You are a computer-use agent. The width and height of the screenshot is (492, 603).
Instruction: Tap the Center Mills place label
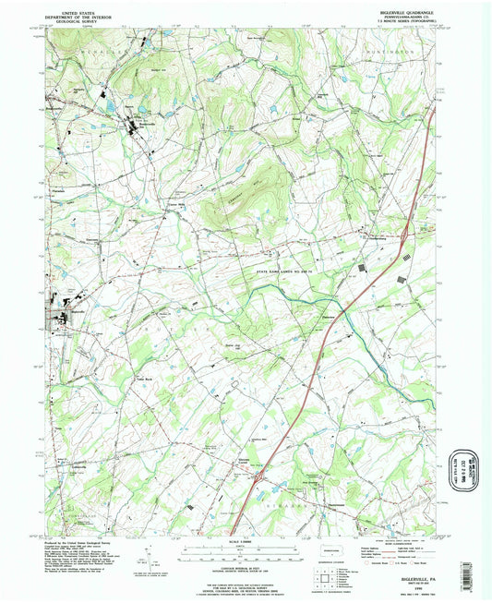(x=177, y=207)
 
